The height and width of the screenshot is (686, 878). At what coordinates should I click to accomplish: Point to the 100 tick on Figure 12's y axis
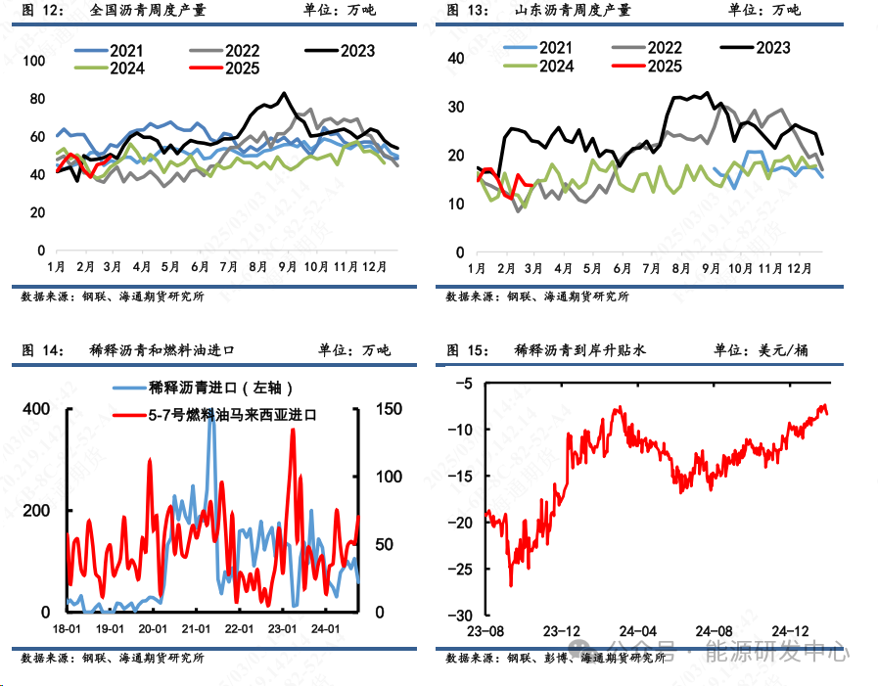pos(34,61)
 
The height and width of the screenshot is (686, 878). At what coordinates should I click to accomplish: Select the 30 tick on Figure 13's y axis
pos(456,107)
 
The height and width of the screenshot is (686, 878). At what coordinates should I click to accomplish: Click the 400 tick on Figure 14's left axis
pos(35,408)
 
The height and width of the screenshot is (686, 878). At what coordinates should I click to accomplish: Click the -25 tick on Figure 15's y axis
pos(464,569)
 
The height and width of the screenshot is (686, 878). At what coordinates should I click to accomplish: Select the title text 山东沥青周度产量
pos(573,11)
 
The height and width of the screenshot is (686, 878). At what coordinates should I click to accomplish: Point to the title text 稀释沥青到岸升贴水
pos(579,349)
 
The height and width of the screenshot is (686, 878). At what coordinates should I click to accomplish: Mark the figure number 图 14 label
pos(42,349)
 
